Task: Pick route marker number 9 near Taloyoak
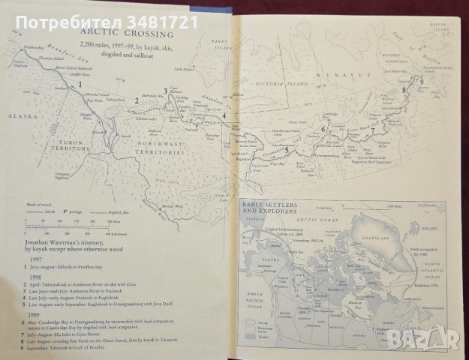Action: coord(422,82)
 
